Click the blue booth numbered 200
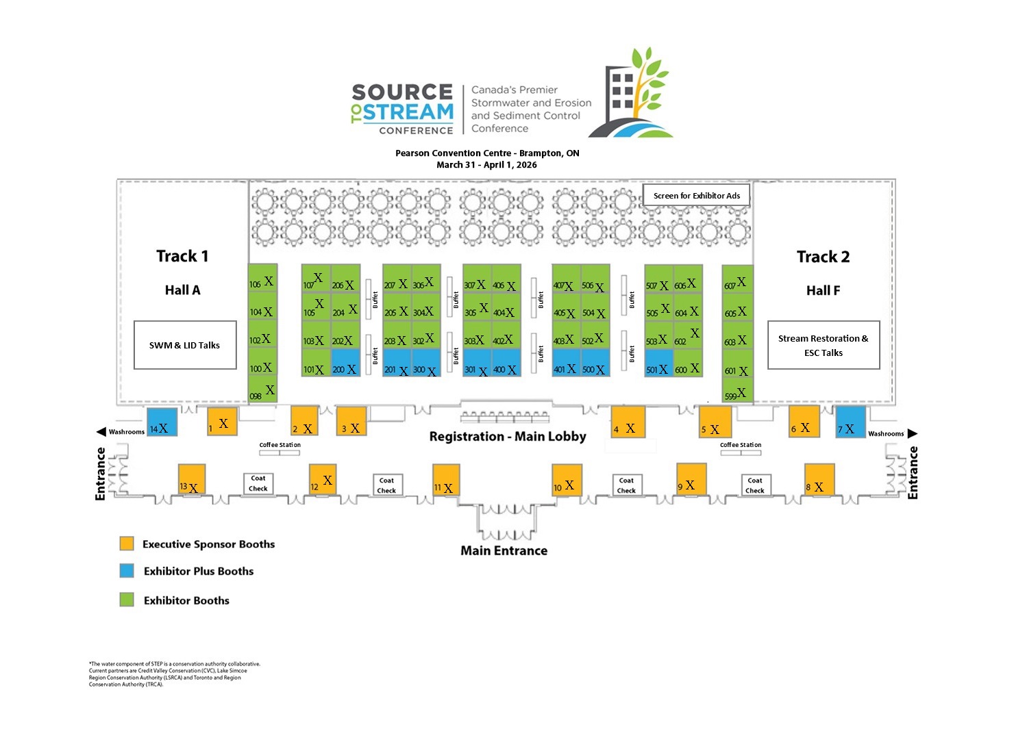(345, 363)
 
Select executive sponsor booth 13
(191, 478)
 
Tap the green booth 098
(262, 390)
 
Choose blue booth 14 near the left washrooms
(162, 422)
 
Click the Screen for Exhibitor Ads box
(696, 196)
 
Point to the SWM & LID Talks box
(185, 345)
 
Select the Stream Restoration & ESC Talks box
(823, 345)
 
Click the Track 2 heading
(823, 257)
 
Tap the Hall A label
(182, 290)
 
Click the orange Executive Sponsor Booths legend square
(127, 544)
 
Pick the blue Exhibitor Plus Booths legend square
(127, 570)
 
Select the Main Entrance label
(504, 550)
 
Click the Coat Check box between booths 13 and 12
(258, 483)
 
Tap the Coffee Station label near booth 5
(740, 445)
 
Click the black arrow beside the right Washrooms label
(912, 433)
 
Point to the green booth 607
(738, 278)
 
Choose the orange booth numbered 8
(819, 478)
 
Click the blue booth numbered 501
(658, 363)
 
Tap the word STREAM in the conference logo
(408, 112)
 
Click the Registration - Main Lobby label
(507, 437)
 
